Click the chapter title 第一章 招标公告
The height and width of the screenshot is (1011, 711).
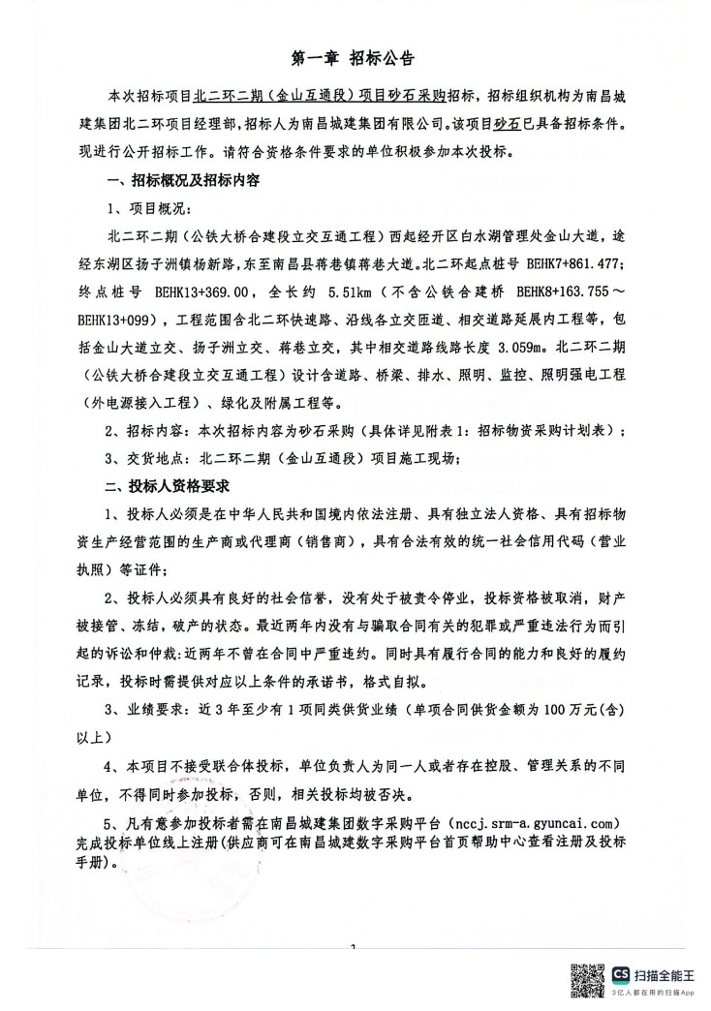point(354,59)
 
